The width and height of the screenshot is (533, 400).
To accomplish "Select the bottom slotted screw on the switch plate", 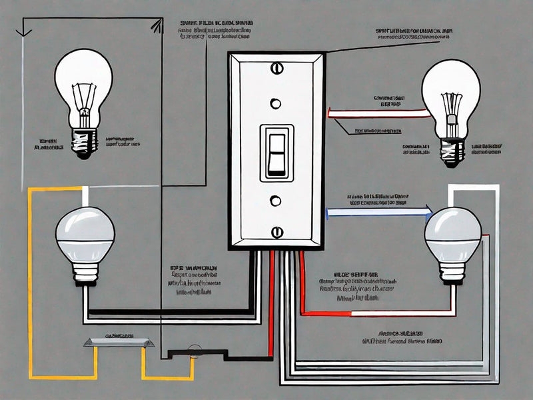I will [276, 231].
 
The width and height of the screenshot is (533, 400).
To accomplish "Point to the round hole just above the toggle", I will [274, 103].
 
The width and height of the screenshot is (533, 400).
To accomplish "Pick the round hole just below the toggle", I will [275, 200].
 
